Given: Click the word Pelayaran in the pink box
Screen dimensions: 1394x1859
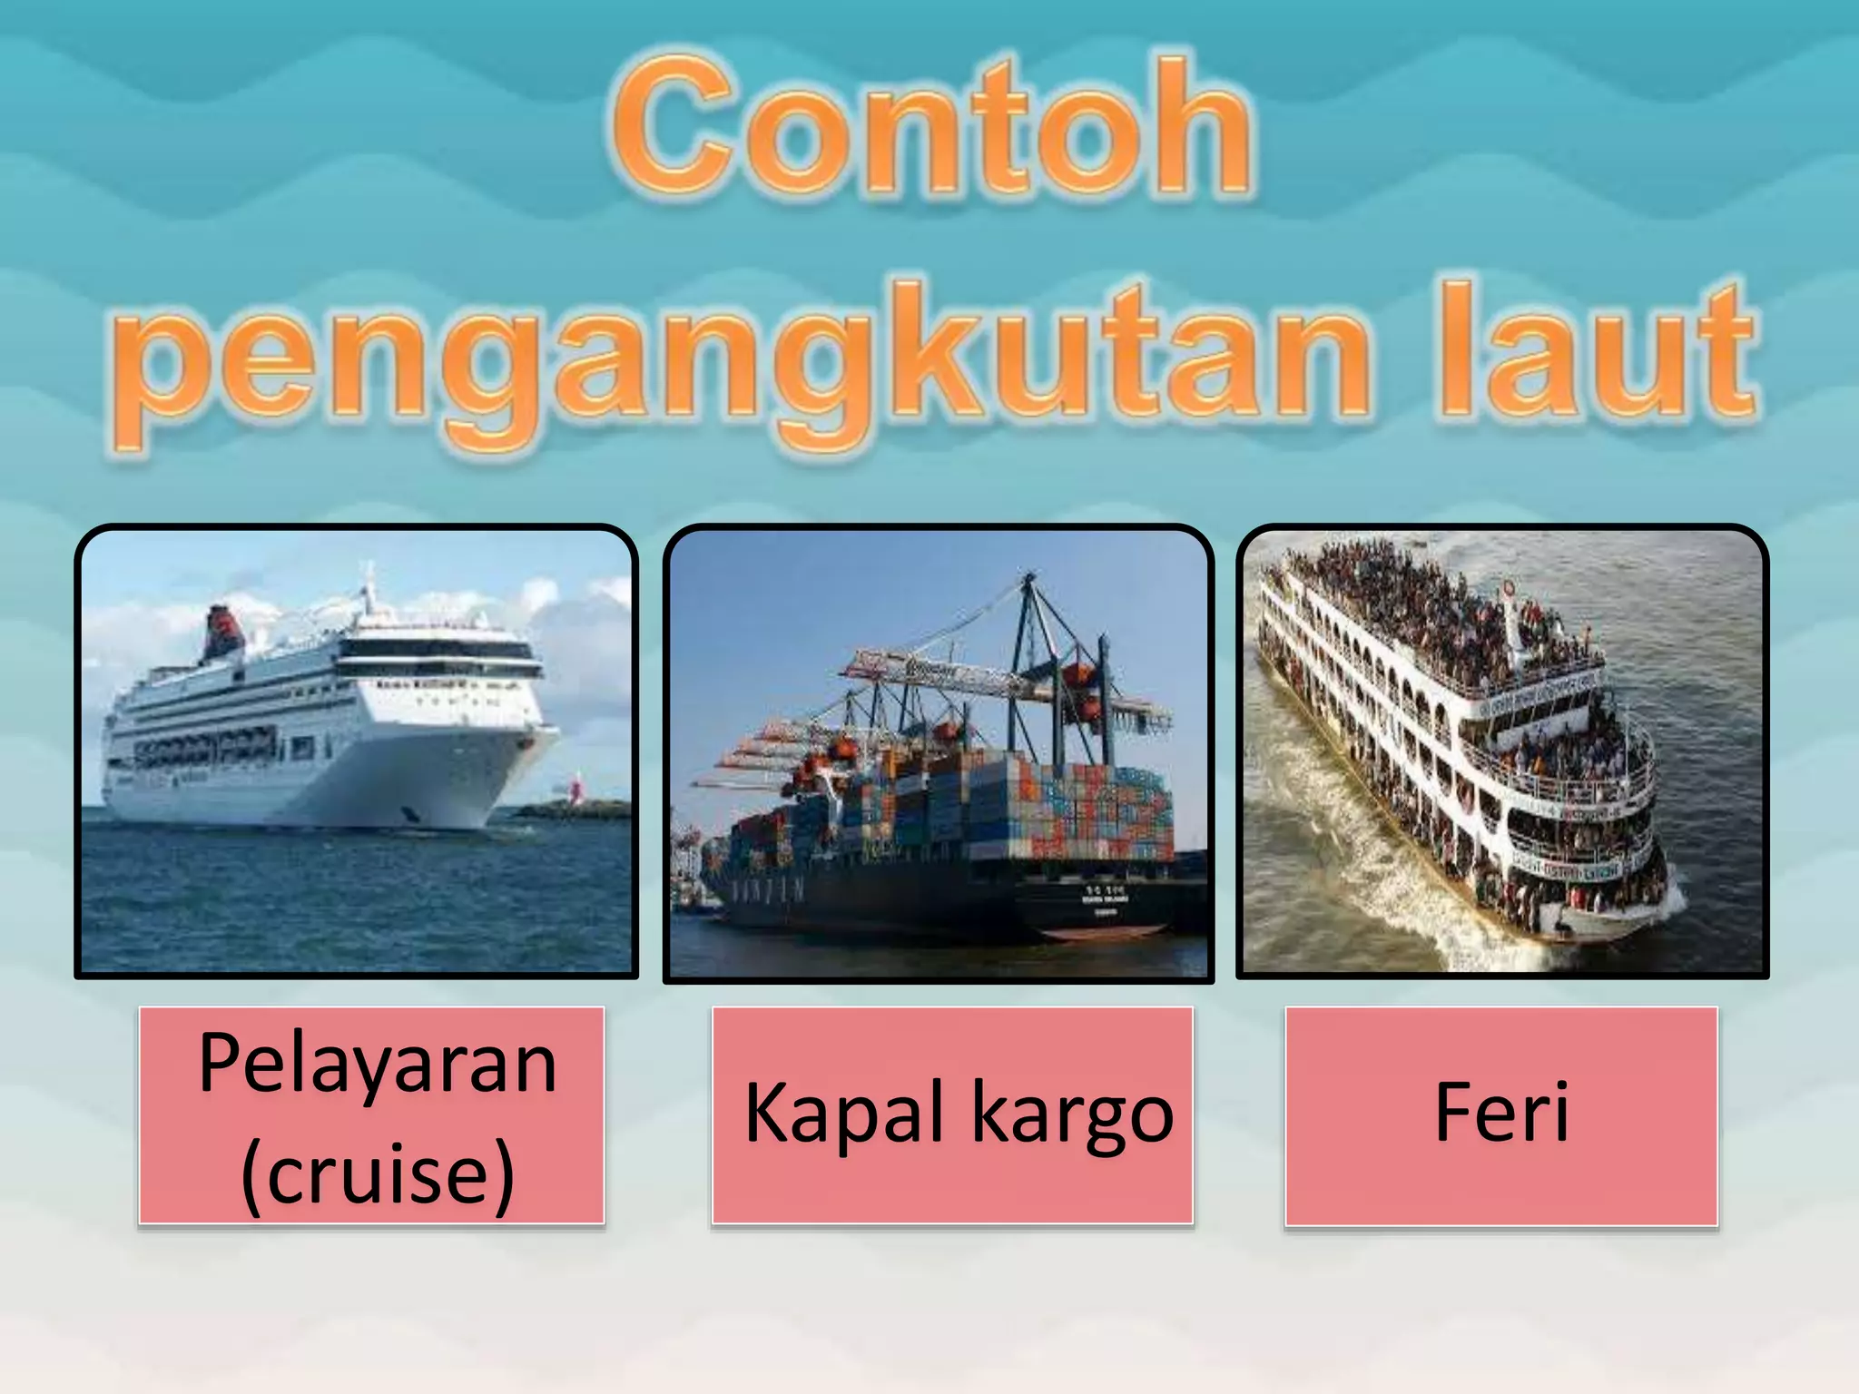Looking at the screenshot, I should click(x=377, y=1064).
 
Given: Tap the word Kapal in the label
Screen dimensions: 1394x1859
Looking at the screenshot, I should click(x=849, y=1114).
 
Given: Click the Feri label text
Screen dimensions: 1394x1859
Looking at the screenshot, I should click(x=1501, y=1113).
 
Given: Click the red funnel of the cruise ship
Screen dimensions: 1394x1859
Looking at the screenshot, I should click(x=222, y=631).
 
